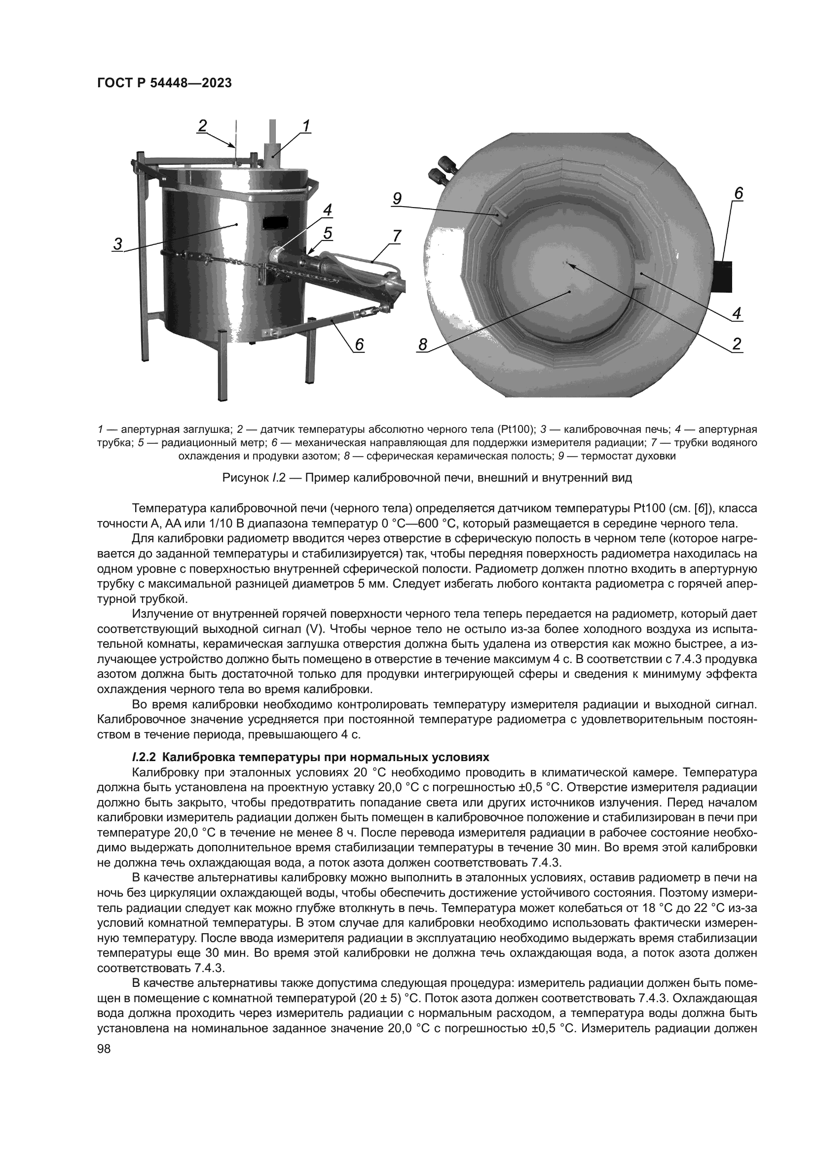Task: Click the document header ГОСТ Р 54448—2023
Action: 164,83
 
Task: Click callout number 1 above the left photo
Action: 305,125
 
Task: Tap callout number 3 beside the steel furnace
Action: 117,244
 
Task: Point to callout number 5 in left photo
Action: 328,233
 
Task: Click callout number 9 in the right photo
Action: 397,199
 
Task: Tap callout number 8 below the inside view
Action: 423,345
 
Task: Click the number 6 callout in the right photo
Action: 738,193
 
